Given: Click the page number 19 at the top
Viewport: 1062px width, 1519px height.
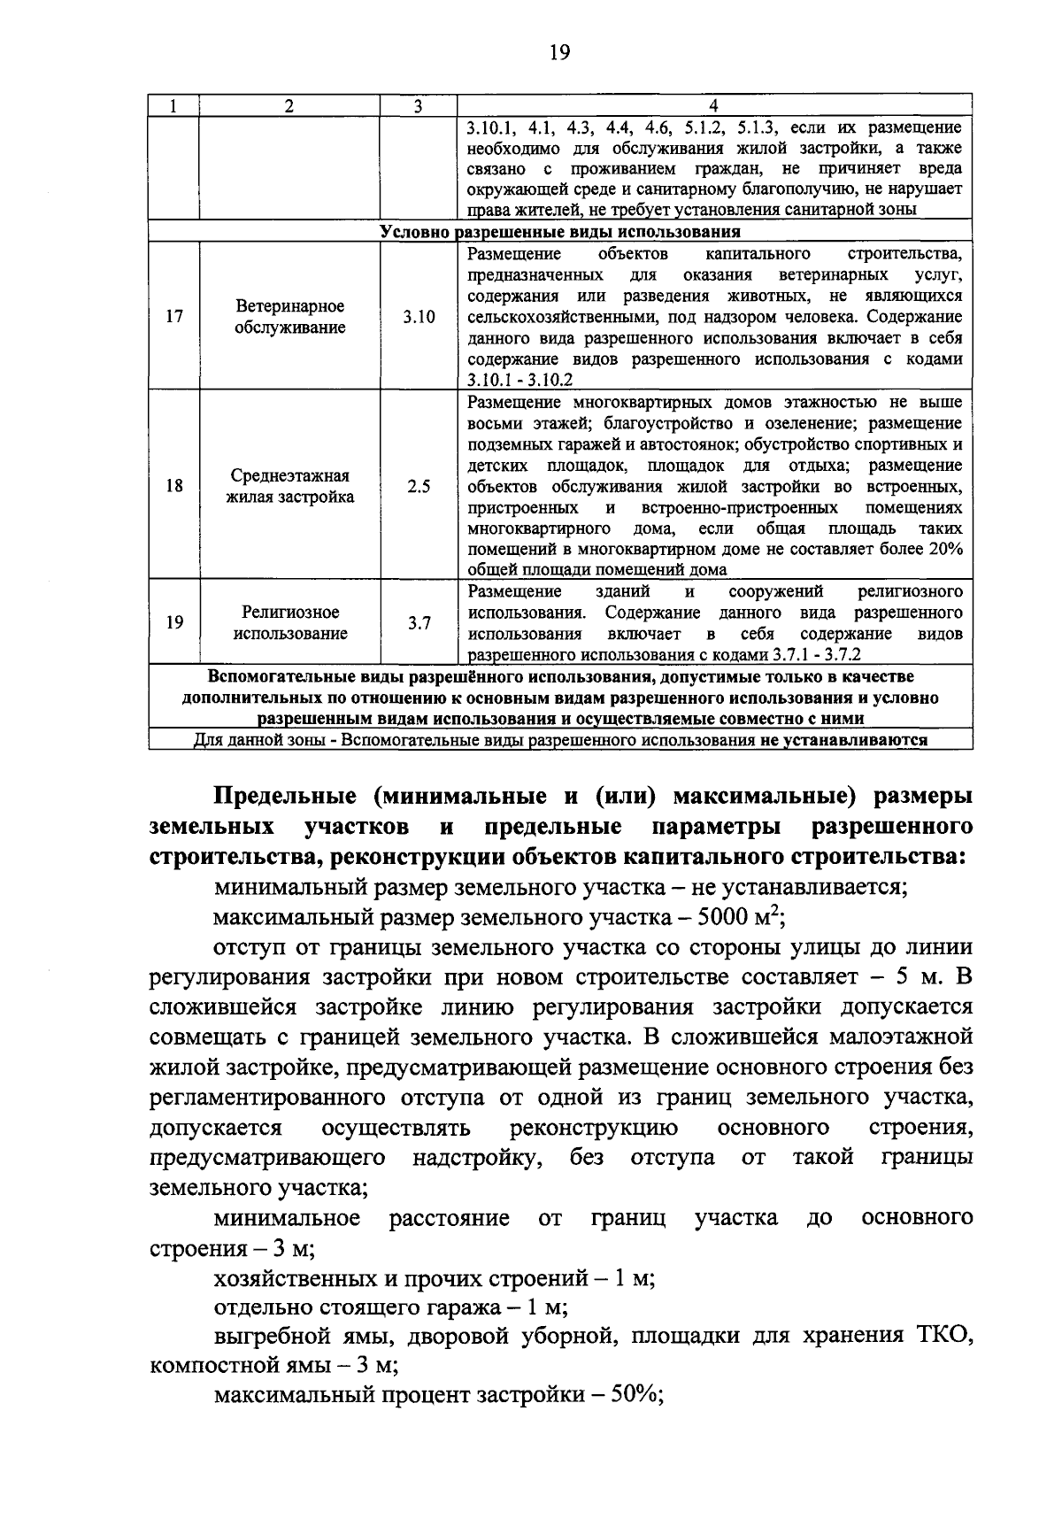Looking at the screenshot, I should (x=558, y=52).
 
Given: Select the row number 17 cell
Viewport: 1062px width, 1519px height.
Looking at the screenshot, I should (x=174, y=317).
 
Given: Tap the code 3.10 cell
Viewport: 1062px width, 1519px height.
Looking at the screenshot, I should (x=419, y=317).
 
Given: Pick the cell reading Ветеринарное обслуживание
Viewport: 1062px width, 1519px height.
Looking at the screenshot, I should (x=289, y=317).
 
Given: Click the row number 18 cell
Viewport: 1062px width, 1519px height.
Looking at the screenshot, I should (x=174, y=486).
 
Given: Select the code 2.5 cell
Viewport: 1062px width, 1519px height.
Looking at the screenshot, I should (x=419, y=486).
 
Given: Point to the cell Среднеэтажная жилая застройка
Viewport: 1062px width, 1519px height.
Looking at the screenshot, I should (x=289, y=486).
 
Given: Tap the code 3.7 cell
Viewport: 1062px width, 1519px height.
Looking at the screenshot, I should (x=419, y=622).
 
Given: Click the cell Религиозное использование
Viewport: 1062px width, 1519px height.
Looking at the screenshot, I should (x=289, y=622).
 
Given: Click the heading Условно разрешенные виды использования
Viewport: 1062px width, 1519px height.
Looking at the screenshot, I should (x=559, y=232).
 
